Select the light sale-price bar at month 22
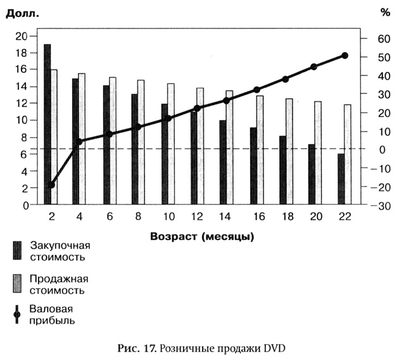(x=347, y=155)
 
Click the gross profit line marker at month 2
(x=51, y=184)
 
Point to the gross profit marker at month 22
(x=345, y=56)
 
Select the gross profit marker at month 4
(x=79, y=142)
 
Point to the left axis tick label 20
(x=21, y=36)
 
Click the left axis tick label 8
(x=23, y=138)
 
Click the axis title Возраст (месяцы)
(x=203, y=238)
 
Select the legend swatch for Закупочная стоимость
(x=17, y=251)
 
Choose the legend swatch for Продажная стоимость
(x=17, y=284)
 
